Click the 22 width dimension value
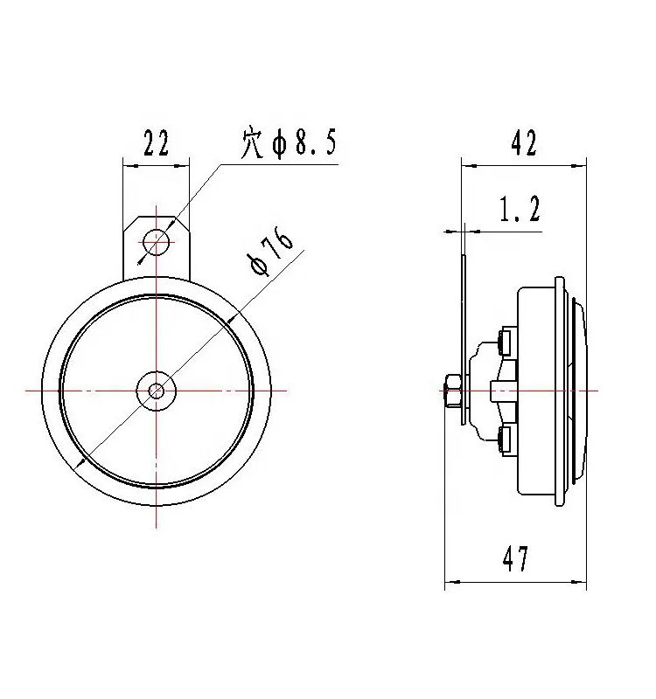(x=156, y=143)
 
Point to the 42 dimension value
(x=524, y=143)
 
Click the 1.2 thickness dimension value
(x=520, y=210)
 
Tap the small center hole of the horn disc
(x=157, y=391)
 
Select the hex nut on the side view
(x=453, y=391)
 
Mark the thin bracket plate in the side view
(x=464, y=341)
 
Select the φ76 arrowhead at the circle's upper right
(x=230, y=320)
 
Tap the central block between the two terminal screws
(x=504, y=390)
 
